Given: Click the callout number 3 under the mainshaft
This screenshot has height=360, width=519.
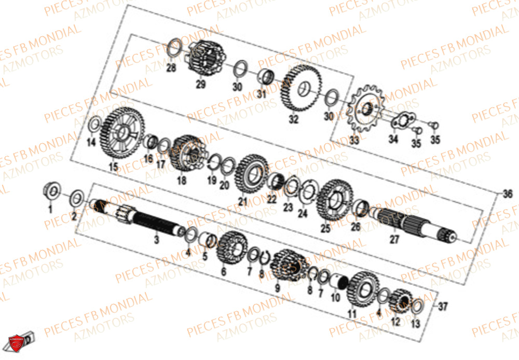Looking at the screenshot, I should click(x=156, y=240).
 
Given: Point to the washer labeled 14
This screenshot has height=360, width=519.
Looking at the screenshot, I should click(x=94, y=125).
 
